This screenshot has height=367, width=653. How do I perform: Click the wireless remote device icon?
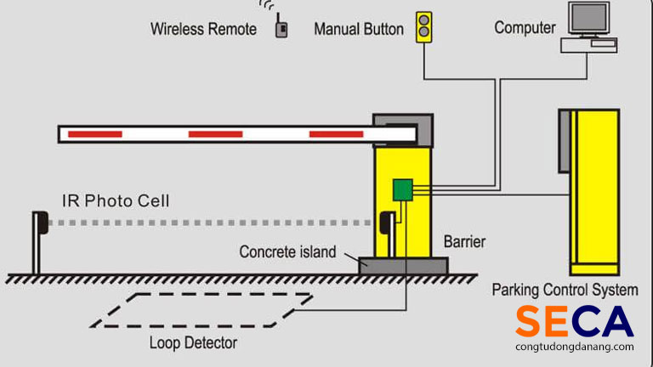pos(281,28)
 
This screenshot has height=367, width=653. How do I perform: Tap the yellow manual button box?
pos(423,27)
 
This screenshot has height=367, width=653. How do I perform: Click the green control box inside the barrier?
pos(402,189)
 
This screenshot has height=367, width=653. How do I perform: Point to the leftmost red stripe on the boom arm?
pos(95,134)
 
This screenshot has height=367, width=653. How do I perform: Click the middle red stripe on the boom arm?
pos(215,134)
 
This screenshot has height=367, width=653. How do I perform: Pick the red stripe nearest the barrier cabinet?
pos(336,134)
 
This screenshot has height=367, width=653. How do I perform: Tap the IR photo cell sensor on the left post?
pos(38,222)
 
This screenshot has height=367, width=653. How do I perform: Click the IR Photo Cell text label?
pos(116,201)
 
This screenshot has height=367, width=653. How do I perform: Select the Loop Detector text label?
pos(193,343)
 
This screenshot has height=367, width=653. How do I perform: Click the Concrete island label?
pos(287,251)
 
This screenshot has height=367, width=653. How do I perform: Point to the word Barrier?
pos(465,242)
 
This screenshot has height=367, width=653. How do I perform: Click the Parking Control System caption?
pos(565,290)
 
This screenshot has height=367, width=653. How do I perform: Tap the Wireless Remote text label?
pos(203,28)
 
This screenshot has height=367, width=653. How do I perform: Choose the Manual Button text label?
pos(358,28)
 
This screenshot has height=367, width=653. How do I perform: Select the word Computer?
pos(525,27)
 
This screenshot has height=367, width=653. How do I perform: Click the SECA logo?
pos(574,322)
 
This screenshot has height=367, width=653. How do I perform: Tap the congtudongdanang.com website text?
pos(574,347)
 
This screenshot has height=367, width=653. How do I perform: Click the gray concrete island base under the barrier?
pos(403,265)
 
